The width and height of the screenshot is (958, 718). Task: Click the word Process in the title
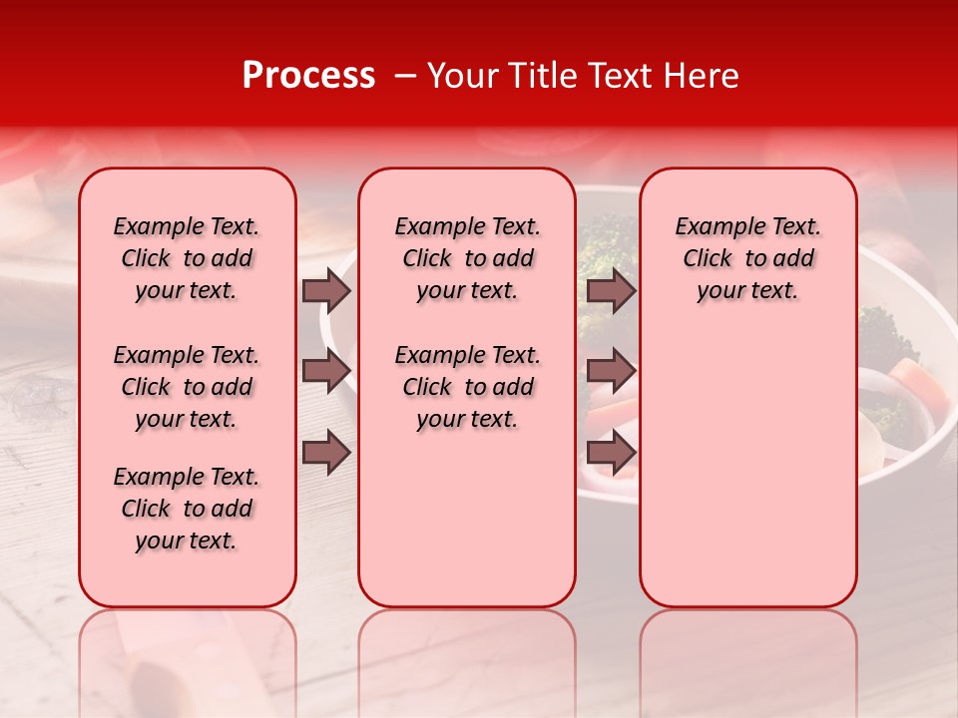[308, 76]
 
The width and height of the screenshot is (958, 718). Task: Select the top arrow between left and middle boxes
[326, 290]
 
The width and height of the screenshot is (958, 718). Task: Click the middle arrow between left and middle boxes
[326, 371]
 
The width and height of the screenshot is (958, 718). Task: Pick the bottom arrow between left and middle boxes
[326, 453]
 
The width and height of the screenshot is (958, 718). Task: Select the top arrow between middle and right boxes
[611, 290]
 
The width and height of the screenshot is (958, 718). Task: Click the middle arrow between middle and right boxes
[611, 371]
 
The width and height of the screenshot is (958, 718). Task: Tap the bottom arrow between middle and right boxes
[611, 453]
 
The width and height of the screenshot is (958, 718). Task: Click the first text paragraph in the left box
[187, 258]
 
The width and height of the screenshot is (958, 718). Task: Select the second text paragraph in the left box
[187, 387]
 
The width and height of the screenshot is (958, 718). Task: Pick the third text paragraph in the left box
[187, 509]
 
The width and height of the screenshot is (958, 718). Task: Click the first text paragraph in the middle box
[467, 258]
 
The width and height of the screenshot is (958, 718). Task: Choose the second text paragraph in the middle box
[467, 387]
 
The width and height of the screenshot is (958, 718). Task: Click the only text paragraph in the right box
[747, 258]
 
